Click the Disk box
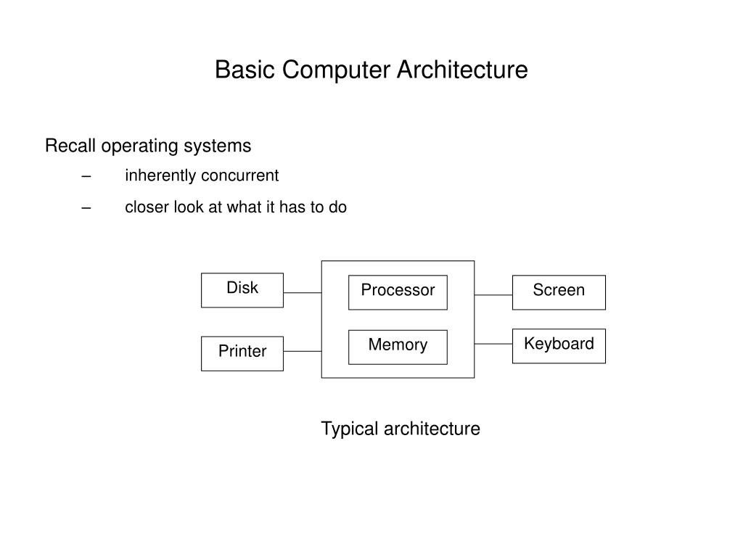[242, 290]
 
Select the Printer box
[242, 354]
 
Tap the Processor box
[398, 293]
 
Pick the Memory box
[398, 347]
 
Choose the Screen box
[559, 293]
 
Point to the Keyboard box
[559, 346]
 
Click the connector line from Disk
[303, 293]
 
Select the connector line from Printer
[303, 352]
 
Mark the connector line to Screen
[493, 295]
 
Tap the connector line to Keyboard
[493, 344]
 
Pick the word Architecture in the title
[462, 70]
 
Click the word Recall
[70, 145]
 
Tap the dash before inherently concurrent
[86, 176]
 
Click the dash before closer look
[86, 207]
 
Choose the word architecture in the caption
[432, 429]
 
